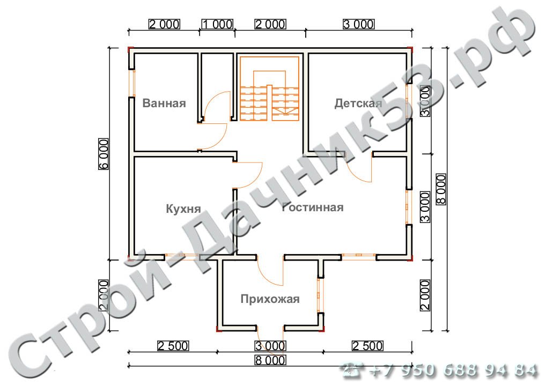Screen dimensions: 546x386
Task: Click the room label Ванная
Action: (164, 103)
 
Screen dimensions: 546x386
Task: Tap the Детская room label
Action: (358, 103)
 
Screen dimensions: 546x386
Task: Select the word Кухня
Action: (183, 209)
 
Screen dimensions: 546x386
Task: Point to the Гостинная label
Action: (313, 207)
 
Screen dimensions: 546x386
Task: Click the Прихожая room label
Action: (270, 299)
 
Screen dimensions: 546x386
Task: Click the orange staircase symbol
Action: (270, 88)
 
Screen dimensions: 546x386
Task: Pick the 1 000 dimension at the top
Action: (218, 24)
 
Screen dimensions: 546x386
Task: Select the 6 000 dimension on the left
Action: (104, 154)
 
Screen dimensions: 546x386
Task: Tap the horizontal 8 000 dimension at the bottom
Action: (270, 360)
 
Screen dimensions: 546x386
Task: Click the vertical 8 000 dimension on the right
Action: (441, 189)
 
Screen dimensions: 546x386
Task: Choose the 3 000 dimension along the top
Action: (359, 24)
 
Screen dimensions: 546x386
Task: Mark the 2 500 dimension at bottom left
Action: (173, 346)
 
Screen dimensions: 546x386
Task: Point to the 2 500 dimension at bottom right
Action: (368, 346)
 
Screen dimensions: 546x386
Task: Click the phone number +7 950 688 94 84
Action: (454, 370)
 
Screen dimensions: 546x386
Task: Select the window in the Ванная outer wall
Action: (131, 83)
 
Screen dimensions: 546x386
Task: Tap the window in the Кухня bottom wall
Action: (182, 257)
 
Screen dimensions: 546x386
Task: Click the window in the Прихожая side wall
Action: (321, 295)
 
